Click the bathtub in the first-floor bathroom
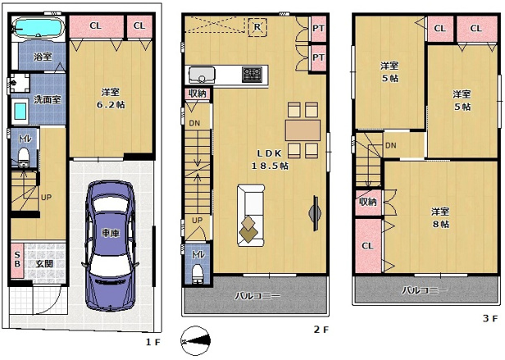click(x=39, y=27)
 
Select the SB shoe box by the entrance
click(x=17, y=260)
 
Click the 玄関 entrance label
click(x=44, y=263)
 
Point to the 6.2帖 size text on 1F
click(x=111, y=105)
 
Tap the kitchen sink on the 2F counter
click(x=202, y=75)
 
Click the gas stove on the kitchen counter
click(x=252, y=74)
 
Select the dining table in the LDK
click(x=303, y=130)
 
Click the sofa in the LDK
click(x=251, y=216)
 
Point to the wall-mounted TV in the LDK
click(x=315, y=213)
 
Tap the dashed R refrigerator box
click(x=257, y=27)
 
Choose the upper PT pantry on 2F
click(x=319, y=29)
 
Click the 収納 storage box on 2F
click(x=197, y=94)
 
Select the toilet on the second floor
click(x=197, y=273)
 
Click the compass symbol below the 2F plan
click(x=195, y=341)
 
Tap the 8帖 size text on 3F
click(x=440, y=224)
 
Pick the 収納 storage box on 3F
click(x=368, y=203)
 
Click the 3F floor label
click(x=490, y=318)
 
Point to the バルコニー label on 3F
click(x=425, y=290)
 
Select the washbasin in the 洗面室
click(x=20, y=112)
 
